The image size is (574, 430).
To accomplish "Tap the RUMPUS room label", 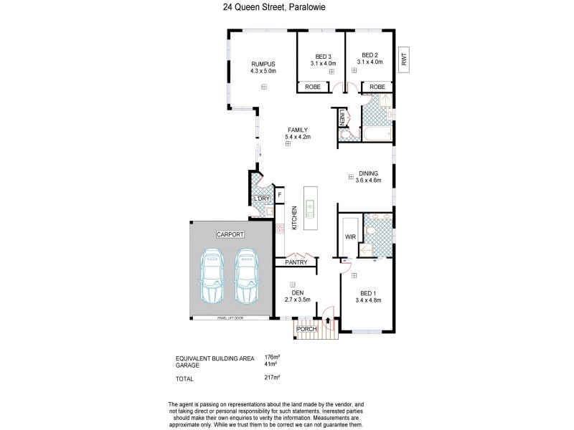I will point(263,64).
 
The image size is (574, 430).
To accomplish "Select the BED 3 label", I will point(323,56).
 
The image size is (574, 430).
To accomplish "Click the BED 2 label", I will point(370,56).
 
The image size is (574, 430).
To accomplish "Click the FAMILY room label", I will point(288,130).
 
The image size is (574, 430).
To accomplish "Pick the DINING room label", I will point(369,172).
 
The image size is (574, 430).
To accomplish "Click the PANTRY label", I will point(296,262).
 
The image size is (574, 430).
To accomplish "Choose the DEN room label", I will point(296,292).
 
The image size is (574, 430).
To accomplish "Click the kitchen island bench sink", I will point(310,209).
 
